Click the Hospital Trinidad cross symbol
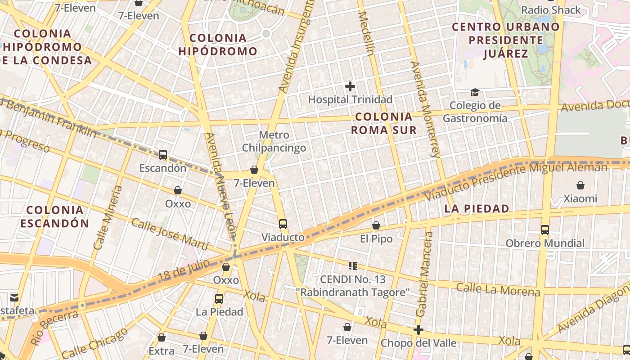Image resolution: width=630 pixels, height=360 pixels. pos(350,86)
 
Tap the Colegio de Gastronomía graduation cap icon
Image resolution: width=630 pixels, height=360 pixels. pos(475,93)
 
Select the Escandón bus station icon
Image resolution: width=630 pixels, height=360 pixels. pos(163,155)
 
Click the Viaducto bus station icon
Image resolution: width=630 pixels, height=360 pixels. pos(283,224)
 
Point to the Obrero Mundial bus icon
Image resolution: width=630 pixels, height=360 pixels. pos(545,230)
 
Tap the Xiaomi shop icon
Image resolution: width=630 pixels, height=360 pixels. pos(580,185)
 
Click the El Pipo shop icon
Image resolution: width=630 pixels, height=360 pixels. pos(376,225)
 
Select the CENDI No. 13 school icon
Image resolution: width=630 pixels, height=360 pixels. pos(353,266)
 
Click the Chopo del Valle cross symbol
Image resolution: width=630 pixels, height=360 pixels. pos(418,330)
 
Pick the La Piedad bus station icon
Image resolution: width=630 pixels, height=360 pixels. pos(219,298)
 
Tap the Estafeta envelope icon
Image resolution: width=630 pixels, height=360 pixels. pos(14,297)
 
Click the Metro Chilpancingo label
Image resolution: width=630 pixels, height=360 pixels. pos(274,141)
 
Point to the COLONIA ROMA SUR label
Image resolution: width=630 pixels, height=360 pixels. pos(383,123)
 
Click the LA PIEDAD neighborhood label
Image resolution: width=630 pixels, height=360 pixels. pos(477,209)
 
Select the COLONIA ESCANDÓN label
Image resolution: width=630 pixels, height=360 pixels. pos(55,216)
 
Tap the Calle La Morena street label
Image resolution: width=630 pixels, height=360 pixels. pos(498,289)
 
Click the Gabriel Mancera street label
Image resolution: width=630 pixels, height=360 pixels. pos(424,274)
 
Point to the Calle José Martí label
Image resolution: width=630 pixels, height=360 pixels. pos(170,234)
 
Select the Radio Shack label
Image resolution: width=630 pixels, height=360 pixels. pos(551,10)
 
